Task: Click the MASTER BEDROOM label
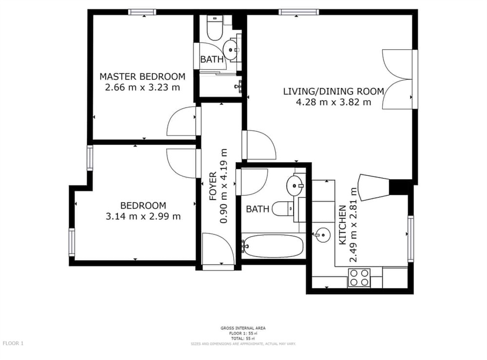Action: click(x=142, y=76)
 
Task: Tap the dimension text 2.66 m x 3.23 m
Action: click(x=142, y=88)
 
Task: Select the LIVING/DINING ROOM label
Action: click(x=334, y=91)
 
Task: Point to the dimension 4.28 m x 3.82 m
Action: click(x=334, y=102)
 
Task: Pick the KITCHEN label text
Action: click(x=342, y=225)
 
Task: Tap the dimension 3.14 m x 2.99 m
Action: click(x=143, y=216)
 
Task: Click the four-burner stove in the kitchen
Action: click(x=359, y=278)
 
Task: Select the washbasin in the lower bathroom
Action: click(x=295, y=184)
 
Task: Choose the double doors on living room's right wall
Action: click(x=397, y=79)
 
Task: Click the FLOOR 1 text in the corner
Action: click(x=13, y=343)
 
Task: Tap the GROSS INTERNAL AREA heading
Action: click(x=243, y=328)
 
